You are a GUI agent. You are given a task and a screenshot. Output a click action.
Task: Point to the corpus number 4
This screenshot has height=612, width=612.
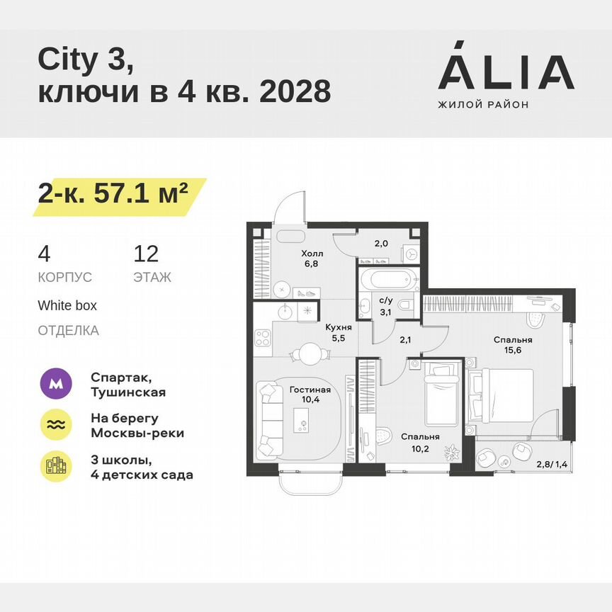(44, 254)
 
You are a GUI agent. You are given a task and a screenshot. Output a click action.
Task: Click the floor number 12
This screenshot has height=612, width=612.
(146, 254)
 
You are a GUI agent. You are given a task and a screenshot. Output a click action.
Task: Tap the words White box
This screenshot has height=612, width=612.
(67, 305)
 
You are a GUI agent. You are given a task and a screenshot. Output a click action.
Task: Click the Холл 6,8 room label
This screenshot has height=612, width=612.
(312, 259)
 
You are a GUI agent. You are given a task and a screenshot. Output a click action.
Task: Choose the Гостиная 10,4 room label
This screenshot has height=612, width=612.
(310, 395)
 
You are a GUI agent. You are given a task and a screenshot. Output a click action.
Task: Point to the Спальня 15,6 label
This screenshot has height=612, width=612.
(513, 345)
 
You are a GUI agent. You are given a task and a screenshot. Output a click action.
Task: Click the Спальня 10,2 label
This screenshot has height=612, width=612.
(419, 442)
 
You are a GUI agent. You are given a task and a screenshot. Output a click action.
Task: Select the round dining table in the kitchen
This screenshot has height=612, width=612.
(310, 352)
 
